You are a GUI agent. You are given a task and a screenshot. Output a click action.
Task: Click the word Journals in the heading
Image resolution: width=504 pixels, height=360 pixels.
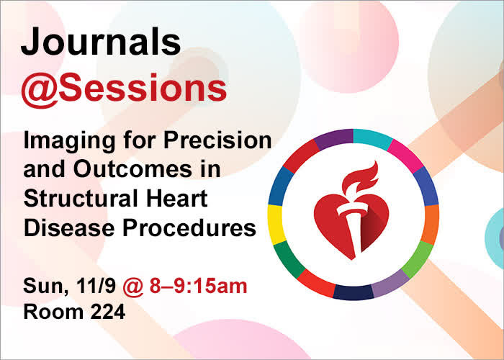101,42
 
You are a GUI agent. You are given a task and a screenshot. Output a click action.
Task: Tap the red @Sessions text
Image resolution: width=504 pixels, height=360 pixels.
124,89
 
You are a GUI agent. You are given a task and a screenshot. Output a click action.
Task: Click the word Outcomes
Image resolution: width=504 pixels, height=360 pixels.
132,170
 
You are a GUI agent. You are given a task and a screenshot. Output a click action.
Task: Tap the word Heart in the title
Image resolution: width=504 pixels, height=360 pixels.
177,198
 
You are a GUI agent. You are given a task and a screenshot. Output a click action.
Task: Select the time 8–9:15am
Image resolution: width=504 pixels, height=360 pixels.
198,286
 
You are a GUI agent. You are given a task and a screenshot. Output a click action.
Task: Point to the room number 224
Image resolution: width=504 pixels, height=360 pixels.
108,312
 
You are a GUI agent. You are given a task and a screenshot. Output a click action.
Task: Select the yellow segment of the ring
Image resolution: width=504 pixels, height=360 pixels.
276,225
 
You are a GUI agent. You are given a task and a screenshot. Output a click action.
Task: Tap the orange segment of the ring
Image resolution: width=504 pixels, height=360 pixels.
430,225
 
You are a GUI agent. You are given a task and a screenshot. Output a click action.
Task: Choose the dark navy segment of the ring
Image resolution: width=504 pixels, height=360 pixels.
353,292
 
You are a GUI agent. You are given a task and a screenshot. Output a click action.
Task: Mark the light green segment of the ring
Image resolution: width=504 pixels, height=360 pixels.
417,259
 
